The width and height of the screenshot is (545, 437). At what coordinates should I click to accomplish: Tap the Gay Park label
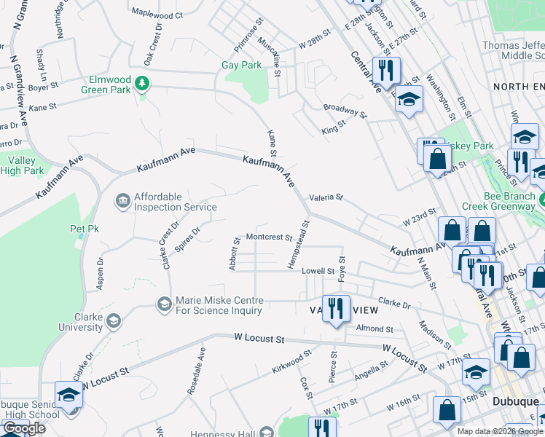click(x=241, y=66)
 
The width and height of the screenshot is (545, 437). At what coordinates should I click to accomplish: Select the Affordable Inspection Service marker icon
click(x=122, y=200)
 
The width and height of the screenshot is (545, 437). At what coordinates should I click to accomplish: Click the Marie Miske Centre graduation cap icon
click(x=164, y=303)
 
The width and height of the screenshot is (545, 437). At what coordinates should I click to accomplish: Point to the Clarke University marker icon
click(x=113, y=321)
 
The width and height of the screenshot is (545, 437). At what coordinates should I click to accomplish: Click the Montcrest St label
click(x=269, y=237)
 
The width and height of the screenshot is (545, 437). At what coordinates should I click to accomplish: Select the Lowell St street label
click(x=318, y=271)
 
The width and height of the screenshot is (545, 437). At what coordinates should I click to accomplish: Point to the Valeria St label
click(x=325, y=197)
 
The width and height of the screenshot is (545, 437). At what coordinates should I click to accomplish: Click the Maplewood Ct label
click(x=157, y=15)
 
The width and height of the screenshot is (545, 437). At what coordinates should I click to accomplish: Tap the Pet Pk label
click(x=83, y=229)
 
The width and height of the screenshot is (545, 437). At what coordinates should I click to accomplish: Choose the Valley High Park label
click(x=23, y=166)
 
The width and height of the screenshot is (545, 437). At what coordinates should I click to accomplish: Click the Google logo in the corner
click(x=24, y=428)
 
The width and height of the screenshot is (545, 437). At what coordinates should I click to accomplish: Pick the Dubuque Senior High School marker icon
click(x=69, y=395)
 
